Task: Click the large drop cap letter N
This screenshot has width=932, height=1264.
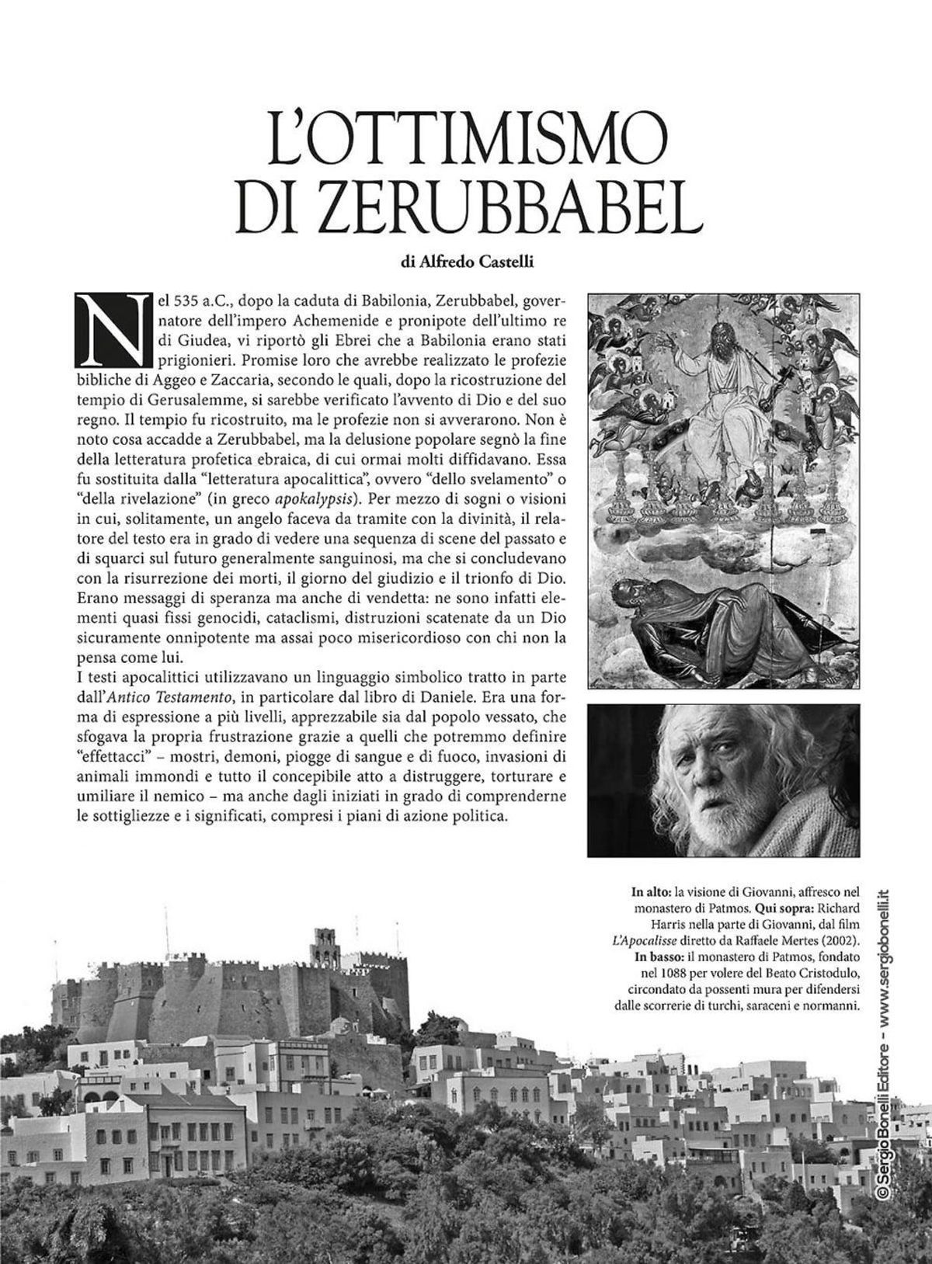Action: [x=111, y=328]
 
